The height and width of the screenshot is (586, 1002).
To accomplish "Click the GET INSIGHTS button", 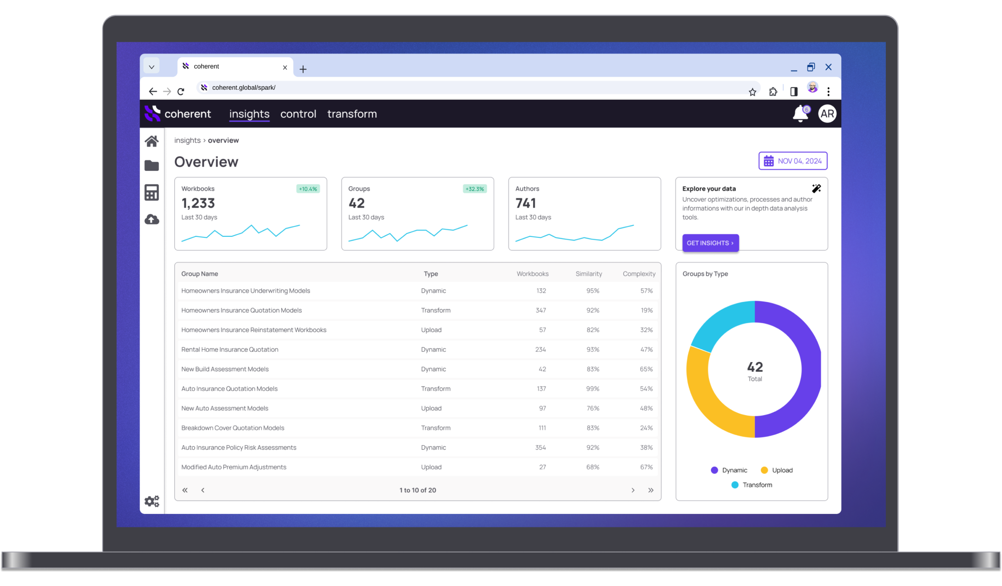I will coord(710,243).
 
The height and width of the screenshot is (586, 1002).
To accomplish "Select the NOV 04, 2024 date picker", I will coord(793,161).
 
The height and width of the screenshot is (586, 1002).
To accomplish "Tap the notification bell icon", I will coord(800,114).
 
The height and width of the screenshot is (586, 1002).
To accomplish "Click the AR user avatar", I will coord(827,114).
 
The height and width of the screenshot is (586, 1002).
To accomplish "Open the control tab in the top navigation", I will coord(298,114).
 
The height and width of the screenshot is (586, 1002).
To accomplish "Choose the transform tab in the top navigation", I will coord(352,114).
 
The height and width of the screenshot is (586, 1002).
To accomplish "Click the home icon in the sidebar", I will coord(152,141).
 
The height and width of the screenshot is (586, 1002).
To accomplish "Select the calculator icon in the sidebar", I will coord(152,192).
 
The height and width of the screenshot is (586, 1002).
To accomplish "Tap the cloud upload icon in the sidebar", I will coord(152,219).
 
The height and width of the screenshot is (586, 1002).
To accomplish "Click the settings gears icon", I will coord(152,501).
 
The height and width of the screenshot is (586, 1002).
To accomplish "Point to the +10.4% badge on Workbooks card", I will coord(308,189).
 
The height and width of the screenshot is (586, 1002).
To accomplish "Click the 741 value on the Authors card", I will coord(526,203).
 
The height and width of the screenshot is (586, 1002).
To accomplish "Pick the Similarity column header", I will coord(588,274).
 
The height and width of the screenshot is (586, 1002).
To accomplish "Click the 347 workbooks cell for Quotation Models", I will coord(541,311).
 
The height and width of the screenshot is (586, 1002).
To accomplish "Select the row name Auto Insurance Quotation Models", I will coord(229,389).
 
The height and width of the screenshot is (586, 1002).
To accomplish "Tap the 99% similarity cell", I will coord(593,389).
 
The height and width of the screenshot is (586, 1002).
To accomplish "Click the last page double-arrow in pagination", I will coord(650,490).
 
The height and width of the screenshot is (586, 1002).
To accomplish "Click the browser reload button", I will coord(181,91).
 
